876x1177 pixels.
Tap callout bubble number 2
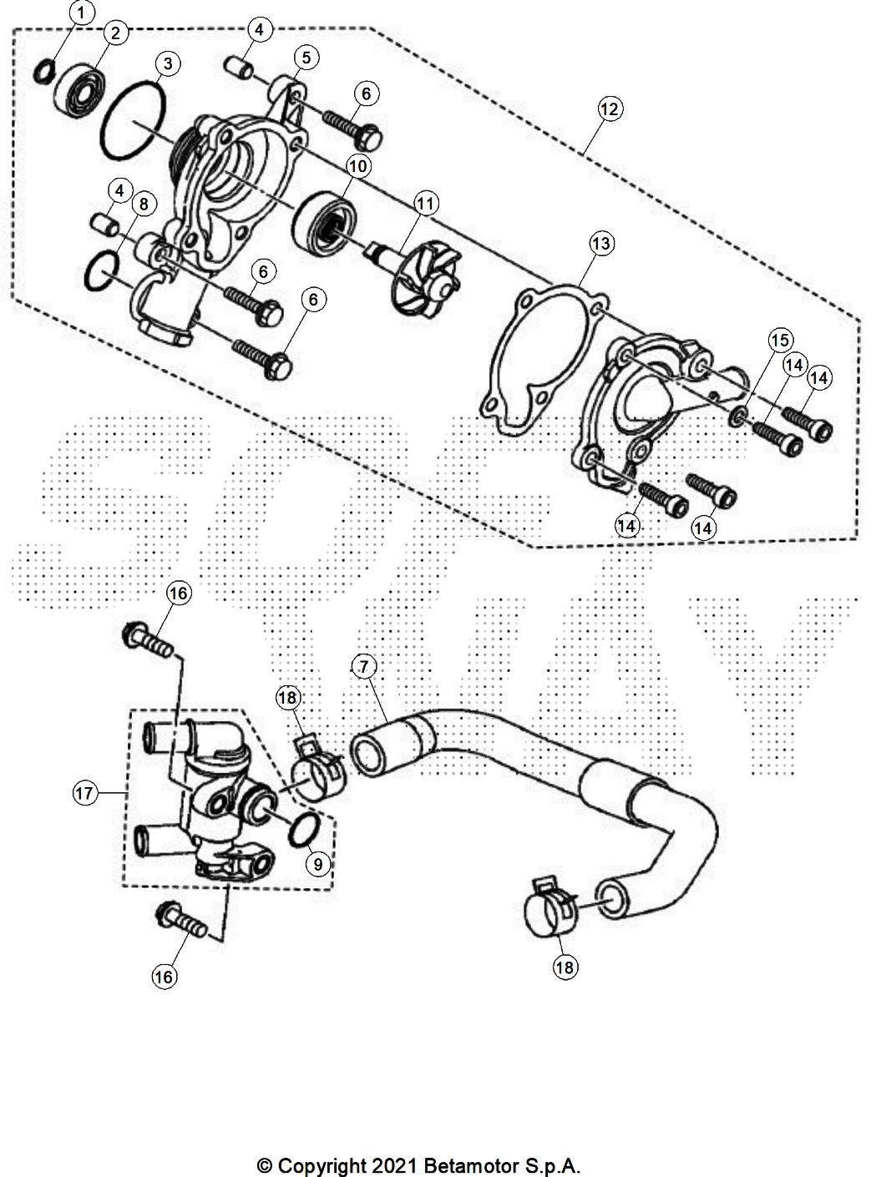[x=114, y=33]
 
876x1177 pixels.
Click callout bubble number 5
[x=306, y=58]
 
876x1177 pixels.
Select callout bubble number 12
[x=610, y=109]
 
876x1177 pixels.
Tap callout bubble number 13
[x=600, y=244]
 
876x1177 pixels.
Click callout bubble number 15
[x=780, y=340]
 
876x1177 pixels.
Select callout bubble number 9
[x=317, y=864]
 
